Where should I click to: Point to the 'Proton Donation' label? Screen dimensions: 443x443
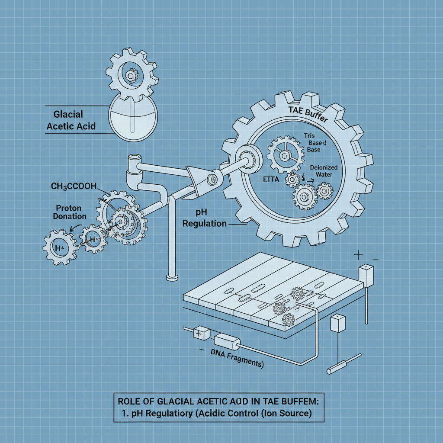coord(71,212)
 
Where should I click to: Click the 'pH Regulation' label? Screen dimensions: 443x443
coord(205,218)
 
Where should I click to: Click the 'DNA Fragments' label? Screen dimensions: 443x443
coord(237,358)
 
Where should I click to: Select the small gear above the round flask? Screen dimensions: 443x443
coord(130,74)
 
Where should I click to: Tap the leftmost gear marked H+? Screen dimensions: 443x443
coord(60,247)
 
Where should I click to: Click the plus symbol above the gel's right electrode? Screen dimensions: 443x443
coord(358,255)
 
